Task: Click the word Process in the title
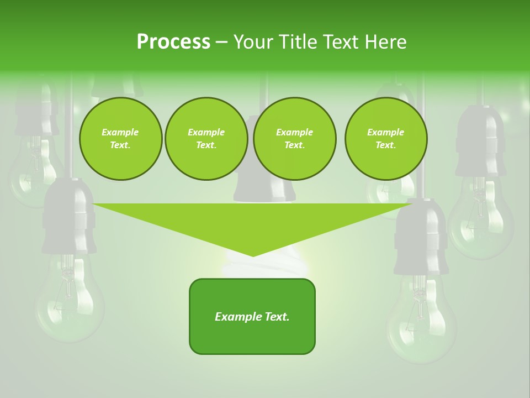(173, 42)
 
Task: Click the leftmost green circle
(120, 139)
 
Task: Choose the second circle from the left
(206, 139)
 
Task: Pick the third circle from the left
(295, 139)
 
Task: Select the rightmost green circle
(386, 139)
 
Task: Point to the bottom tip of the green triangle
(253, 255)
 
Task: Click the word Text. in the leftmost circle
(120, 145)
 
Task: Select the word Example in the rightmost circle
(386, 132)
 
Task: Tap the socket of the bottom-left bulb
(69, 218)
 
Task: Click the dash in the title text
(221, 42)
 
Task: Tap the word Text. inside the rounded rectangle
(275, 317)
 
